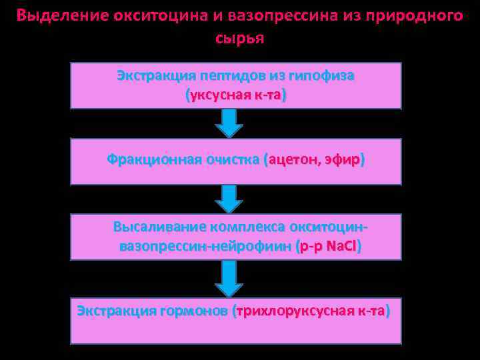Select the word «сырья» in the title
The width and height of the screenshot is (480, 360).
coord(240,38)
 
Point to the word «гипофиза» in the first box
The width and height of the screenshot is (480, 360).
coord(325,76)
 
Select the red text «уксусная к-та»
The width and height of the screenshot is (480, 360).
coord(235,95)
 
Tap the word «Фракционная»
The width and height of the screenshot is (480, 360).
coord(149,161)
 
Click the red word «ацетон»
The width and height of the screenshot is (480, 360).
coord(292,161)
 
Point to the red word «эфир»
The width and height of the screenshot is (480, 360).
coord(342,161)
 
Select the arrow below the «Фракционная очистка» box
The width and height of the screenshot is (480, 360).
coord(229,198)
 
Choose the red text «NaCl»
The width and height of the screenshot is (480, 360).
coord(343,247)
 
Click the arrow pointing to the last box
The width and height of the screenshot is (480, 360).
coord(229,277)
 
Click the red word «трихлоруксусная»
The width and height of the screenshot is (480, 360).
coord(294,311)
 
